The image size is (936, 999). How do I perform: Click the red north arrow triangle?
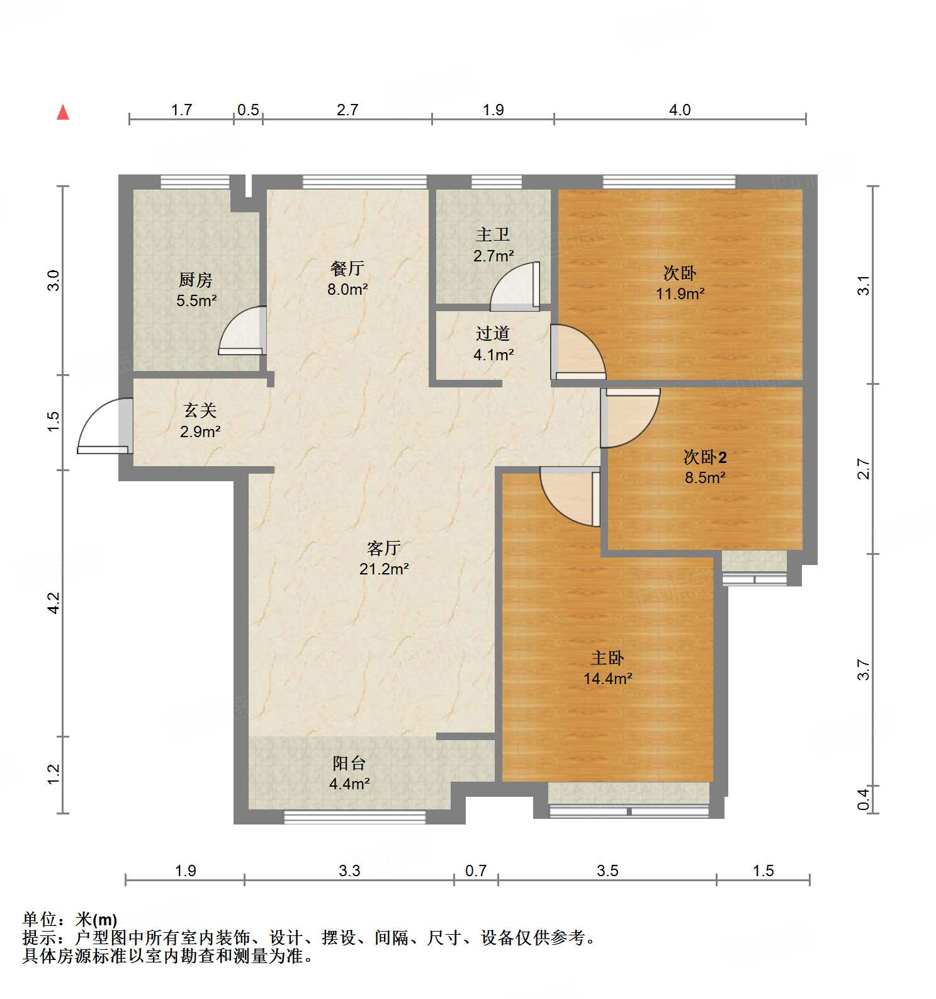(63, 113)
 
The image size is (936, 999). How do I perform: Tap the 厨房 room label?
(196, 279)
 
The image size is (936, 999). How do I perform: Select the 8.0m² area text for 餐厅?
(347, 289)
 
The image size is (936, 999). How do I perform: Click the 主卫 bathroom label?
(493, 234)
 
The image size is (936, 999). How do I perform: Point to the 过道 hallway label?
(493, 333)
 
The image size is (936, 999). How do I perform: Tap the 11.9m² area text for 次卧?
(680, 294)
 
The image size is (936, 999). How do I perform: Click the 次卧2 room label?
(705, 457)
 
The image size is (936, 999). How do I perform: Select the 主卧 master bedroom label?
(607, 658)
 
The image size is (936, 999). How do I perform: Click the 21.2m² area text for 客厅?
(384, 569)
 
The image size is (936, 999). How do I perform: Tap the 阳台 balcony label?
(349, 763)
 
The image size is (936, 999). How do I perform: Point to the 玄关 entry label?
(200, 411)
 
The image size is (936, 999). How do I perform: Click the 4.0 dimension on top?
(680, 110)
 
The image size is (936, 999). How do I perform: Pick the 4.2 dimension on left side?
(54, 603)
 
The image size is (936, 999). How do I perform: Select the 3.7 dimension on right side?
(864, 670)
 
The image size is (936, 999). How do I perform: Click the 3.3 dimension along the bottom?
(349, 871)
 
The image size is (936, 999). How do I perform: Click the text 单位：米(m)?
(70, 920)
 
